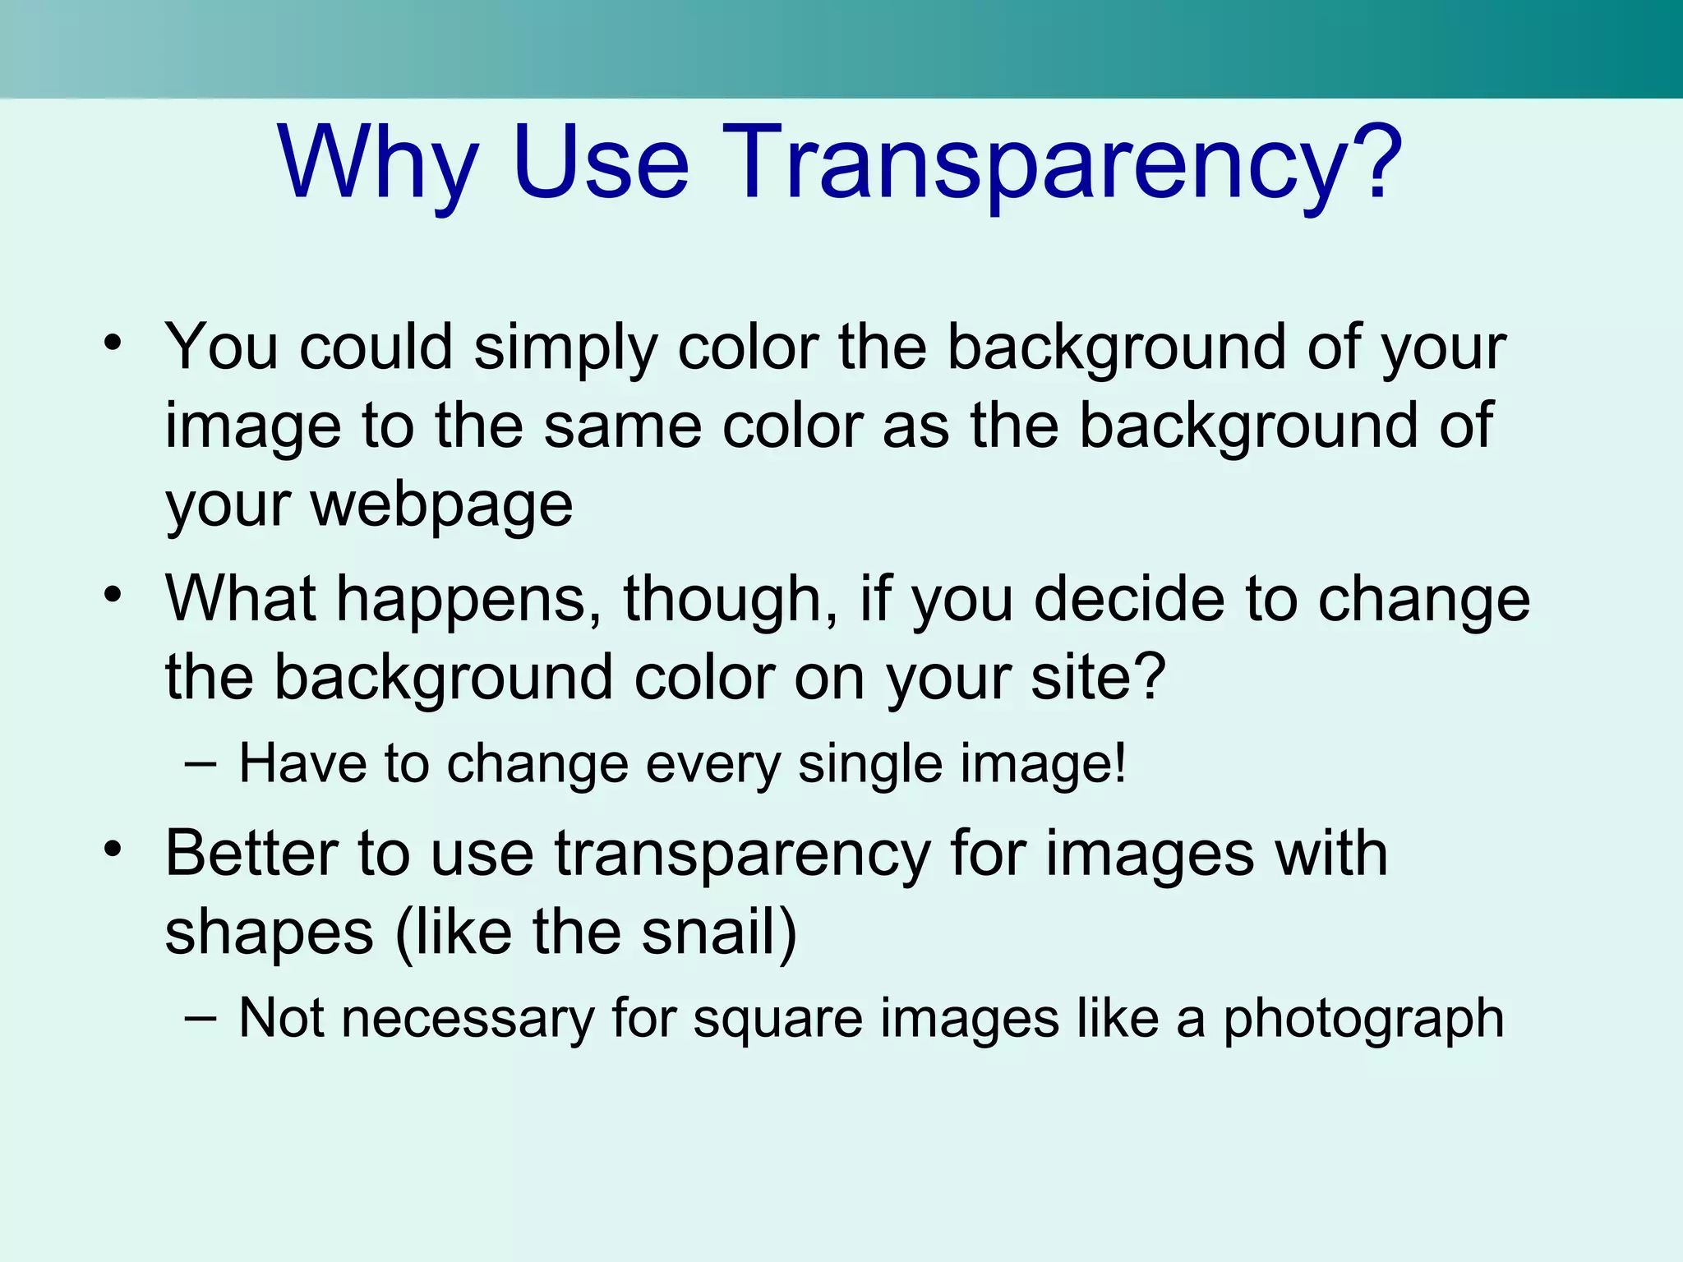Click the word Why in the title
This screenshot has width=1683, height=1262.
pyautogui.click(x=378, y=163)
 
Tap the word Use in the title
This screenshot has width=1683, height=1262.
pyautogui.click(x=600, y=163)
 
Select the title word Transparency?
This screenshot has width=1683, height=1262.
pyautogui.click(x=1061, y=163)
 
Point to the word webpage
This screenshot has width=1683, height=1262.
pyautogui.click(x=441, y=506)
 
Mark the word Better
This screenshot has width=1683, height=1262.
pyautogui.click(x=251, y=854)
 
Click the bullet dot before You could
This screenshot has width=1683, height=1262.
pyautogui.click(x=113, y=342)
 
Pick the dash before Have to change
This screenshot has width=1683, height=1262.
pyautogui.click(x=201, y=764)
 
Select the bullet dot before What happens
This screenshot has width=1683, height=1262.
pyautogui.click(x=113, y=593)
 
